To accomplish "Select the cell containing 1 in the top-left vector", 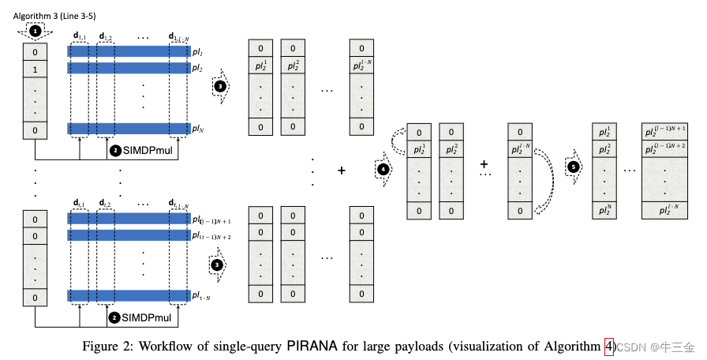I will (x=33, y=69).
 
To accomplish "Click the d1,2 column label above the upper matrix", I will (x=104, y=36).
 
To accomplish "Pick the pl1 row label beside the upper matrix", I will (x=197, y=51).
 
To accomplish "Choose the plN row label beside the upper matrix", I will (x=197, y=128).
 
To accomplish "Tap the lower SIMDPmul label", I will (x=147, y=317).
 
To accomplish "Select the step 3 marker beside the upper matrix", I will (x=220, y=85).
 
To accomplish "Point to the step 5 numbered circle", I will (x=573, y=167).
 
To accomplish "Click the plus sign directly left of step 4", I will (x=341, y=170).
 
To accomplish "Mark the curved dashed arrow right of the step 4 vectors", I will (x=542, y=171).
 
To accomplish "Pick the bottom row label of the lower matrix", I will (x=200, y=295).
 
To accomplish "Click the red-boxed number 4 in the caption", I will (x=608, y=346).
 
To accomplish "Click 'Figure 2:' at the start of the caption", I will (x=107, y=346).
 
